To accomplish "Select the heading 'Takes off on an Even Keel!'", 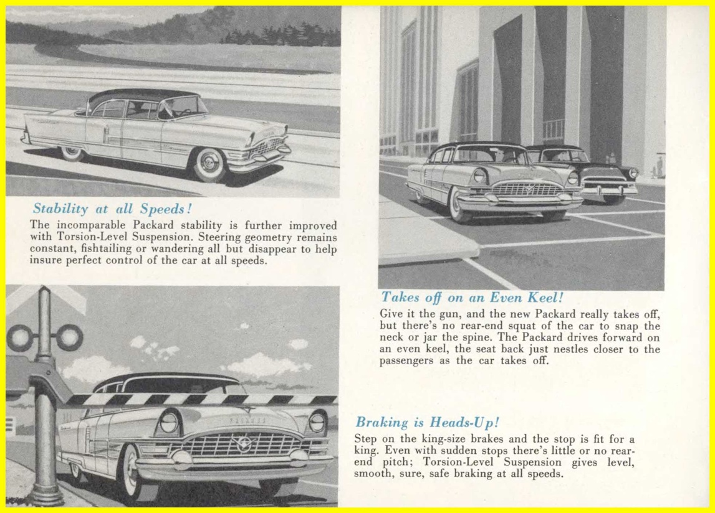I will tap(472, 298).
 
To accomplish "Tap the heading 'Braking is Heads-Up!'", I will tap(428, 423).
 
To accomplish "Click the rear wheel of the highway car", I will tap(72, 151).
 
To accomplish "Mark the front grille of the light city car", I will tap(527, 189).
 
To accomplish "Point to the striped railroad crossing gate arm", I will tap(199, 399).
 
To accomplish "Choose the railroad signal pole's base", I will tap(46, 495).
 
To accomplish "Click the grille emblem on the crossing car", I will tap(239, 444).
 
